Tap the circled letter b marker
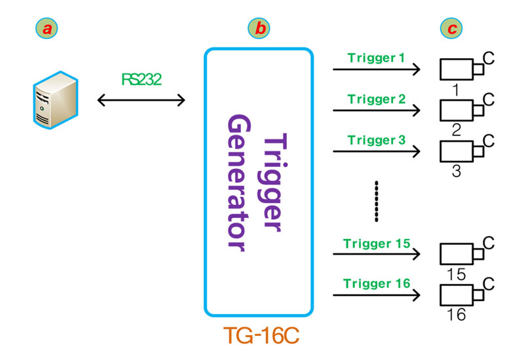(x=259, y=28)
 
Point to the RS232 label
(x=141, y=79)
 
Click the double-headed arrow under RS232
(x=141, y=100)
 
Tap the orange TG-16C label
(x=260, y=335)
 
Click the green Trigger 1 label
(x=377, y=59)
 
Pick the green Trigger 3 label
(x=377, y=140)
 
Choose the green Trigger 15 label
(x=377, y=244)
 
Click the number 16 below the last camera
(x=456, y=315)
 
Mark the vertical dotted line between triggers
(x=376, y=202)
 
